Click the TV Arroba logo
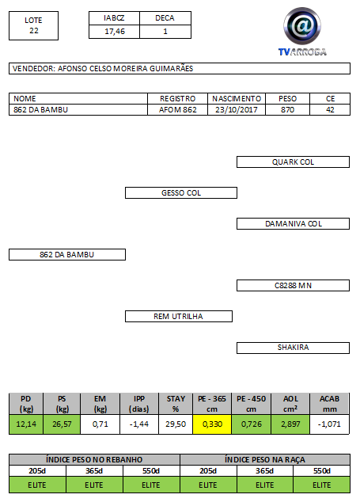tap(302, 32)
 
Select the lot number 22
tap(33, 31)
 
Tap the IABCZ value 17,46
tap(115, 32)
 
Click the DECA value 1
tap(165, 32)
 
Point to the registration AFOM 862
tap(177, 110)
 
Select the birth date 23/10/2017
tap(237, 110)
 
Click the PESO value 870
tap(287, 110)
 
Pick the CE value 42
tap(330, 110)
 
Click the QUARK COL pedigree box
tap(293, 162)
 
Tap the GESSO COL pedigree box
tap(181, 192)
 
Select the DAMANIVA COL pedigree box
tap(293, 224)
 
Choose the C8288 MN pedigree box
tap(293, 286)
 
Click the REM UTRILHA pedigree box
tap(179, 316)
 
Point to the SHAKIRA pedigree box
tap(293, 348)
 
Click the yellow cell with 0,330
tap(212, 424)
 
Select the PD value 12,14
tap(26, 424)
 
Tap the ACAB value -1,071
tap(329, 424)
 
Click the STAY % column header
tap(176, 404)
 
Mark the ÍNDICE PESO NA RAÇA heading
tap(265, 460)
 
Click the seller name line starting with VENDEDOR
tap(103, 69)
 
